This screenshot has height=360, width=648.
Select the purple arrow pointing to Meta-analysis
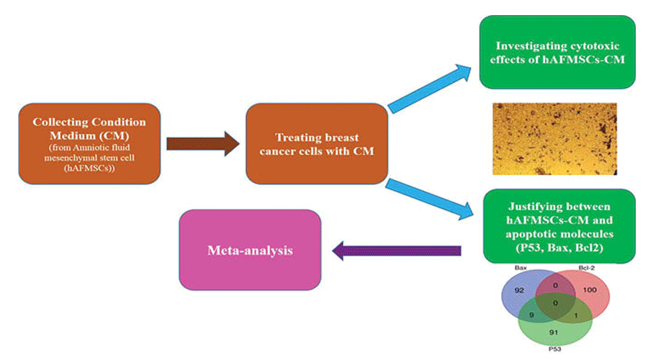pyautogui.click(x=395, y=251)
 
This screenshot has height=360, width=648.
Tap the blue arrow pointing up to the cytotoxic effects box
pyautogui.click(x=429, y=86)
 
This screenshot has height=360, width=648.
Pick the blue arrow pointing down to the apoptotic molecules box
pyautogui.click(x=428, y=199)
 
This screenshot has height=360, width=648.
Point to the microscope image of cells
pyautogui.click(x=554, y=139)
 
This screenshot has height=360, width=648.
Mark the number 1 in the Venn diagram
pyautogui.click(x=577, y=315)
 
